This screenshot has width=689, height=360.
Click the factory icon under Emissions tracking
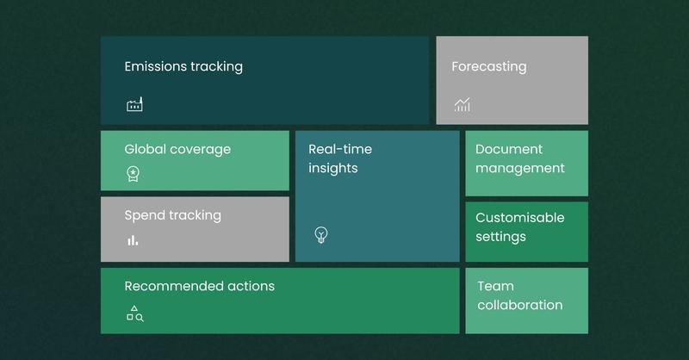coord(134,104)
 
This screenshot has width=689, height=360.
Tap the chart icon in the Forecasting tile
coord(462,104)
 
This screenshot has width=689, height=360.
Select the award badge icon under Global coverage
coord(133,174)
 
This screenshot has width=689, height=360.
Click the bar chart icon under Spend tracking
coord(133,240)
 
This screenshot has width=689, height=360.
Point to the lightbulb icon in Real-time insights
coord(321,235)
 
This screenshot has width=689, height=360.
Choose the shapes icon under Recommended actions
coord(135,313)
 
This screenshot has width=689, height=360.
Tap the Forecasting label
coord(489,67)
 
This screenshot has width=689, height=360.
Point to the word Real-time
coord(340,149)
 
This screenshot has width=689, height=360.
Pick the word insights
coord(333,168)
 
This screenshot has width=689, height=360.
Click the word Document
coord(509,149)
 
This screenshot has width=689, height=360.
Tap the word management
coord(520,168)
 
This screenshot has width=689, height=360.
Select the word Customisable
coord(520,218)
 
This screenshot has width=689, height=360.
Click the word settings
coord(500,237)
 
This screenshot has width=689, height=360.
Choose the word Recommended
coord(174,286)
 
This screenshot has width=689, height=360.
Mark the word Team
coord(496,286)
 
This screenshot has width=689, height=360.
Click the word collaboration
coord(520,305)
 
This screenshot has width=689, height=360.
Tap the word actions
coord(251,286)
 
